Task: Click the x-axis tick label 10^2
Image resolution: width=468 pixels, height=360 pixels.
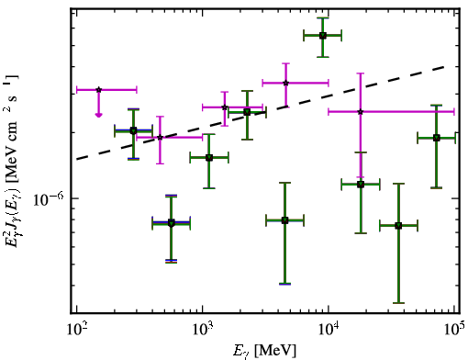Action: coord(76,330)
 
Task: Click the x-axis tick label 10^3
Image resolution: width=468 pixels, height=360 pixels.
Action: coord(203,330)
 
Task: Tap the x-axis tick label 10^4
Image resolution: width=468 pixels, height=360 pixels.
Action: coord(329,330)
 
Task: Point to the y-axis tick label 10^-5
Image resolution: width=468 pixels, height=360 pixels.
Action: coord(48,199)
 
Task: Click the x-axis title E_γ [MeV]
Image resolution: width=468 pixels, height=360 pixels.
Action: coord(264,350)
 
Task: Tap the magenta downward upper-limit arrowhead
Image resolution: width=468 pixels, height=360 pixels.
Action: coord(98,115)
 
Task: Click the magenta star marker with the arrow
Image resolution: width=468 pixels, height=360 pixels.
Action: coord(98,90)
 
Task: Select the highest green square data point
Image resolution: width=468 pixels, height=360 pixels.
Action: coord(322,36)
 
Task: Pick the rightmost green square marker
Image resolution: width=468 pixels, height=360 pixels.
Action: coord(437,138)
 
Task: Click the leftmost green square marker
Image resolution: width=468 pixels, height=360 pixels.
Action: coord(133,131)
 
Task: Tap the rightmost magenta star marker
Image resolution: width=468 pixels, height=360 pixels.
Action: coord(361,112)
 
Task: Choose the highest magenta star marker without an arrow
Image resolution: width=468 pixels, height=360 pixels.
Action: coord(285,83)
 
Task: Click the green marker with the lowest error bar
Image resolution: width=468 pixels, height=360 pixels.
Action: coord(398,226)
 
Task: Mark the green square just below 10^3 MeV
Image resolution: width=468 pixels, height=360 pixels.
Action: coord(171,223)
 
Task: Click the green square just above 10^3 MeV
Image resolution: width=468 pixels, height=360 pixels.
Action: coord(209,158)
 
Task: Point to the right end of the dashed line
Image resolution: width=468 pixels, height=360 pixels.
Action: coord(443,66)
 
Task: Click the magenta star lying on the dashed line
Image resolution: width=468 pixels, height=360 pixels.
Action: coord(160,138)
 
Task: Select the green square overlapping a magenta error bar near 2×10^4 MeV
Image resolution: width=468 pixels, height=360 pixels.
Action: coord(361,185)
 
